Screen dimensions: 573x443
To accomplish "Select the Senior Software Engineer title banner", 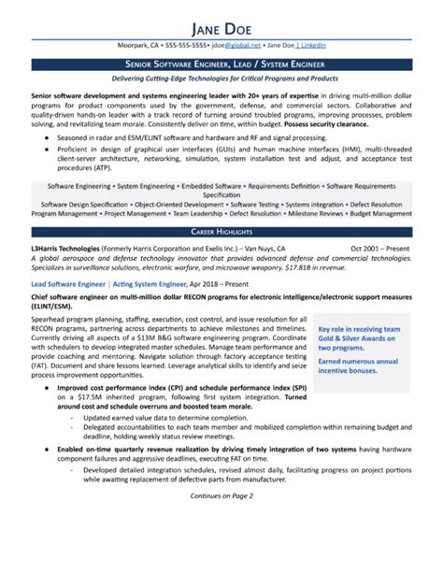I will tap(221, 64).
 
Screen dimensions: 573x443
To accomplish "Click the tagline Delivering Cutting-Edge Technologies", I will tap(221, 80).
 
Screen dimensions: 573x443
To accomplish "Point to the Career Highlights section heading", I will tap(221, 229).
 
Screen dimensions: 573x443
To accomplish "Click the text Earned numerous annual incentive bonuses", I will tap(360, 365).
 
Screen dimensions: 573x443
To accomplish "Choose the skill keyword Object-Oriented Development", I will tap(179, 204).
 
